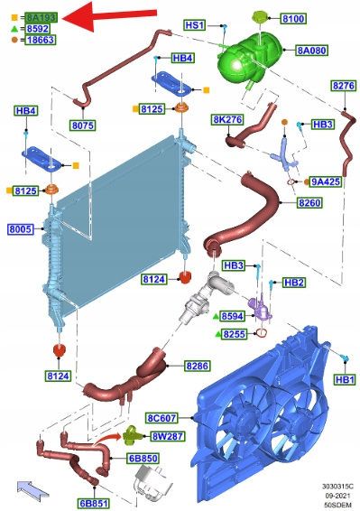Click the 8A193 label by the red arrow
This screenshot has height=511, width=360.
tap(42, 17)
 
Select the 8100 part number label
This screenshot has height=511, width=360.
tap(293, 19)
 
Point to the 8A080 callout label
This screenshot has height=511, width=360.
tap(312, 51)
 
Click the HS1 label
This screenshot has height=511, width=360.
tap(195, 25)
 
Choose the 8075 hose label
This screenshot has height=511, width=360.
tap(83, 125)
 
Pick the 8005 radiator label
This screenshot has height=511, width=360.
tap(20, 229)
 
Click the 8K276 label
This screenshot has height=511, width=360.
tap(227, 119)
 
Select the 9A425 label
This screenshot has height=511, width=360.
tap(326, 181)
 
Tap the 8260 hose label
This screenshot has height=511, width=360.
tap(309, 203)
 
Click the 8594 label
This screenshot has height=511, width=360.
tap(232, 316)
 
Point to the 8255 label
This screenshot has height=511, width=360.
tap(235, 334)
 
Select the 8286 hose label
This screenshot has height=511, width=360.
tap(197, 366)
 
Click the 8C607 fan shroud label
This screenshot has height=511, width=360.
tap(162, 418)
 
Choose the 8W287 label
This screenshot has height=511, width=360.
tap(168, 436)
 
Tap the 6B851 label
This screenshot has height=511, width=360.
tap(94, 503)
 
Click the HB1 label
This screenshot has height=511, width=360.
tap(345, 380)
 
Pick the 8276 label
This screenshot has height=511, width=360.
tap(344, 86)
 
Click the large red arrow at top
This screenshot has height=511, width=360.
tap(109, 16)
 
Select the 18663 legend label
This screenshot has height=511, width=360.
tap(41, 40)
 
